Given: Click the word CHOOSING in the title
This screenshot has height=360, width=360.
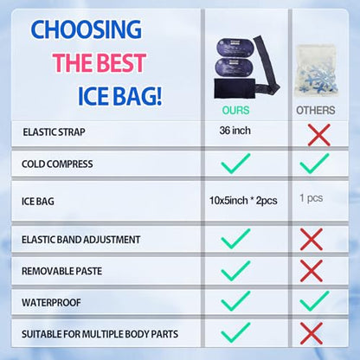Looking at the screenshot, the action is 86,29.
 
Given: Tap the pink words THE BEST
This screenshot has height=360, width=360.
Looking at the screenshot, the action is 100,62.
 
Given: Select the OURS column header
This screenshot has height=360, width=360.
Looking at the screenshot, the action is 235,110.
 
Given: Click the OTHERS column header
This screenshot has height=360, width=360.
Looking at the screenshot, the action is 316,110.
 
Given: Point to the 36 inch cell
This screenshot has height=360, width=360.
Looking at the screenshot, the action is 235,131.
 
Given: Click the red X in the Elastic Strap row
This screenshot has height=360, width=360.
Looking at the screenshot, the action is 318,135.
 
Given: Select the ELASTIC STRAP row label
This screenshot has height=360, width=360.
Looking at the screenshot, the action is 54,132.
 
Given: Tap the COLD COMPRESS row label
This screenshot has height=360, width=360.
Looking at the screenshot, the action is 57,164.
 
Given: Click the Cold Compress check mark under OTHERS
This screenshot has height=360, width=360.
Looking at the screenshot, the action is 314,164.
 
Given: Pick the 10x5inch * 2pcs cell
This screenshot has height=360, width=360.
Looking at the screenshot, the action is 243,201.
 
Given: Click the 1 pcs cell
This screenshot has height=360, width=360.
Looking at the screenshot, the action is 311,198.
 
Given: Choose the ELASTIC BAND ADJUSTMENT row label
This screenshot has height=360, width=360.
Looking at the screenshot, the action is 80,240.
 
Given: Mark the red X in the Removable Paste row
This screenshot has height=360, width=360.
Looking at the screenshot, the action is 312,271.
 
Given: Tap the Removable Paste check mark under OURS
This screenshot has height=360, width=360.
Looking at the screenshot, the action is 235,271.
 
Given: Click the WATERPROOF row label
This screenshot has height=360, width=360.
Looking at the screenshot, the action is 51,303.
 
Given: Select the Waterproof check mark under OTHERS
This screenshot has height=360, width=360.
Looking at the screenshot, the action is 314,301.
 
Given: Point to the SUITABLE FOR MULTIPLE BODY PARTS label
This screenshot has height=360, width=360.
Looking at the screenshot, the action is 100,334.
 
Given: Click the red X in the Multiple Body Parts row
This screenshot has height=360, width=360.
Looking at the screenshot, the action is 312,333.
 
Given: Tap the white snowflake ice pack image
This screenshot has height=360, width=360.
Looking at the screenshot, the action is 316,71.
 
